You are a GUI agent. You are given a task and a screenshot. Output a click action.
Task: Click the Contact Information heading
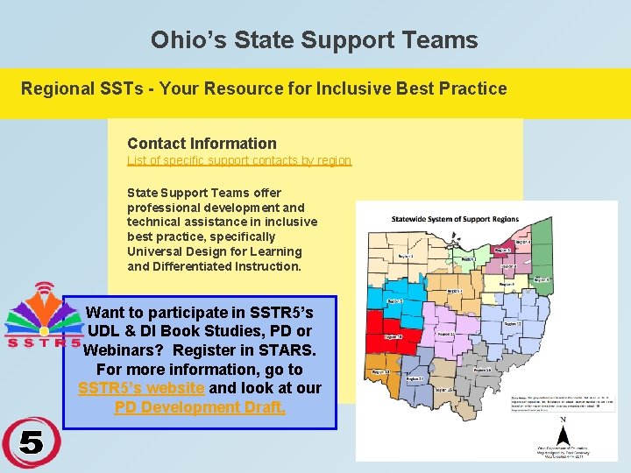pyautogui.click(x=202, y=144)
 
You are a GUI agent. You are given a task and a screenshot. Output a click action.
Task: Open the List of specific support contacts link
pyautogui.click(x=239, y=161)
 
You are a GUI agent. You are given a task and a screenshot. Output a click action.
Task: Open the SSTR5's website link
pyautogui.click(x=141, y=388)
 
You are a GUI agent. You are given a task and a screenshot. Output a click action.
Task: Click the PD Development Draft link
pyautogui.click(x=200, y=407)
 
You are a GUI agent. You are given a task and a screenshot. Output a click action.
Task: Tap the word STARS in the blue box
pyautogui.click(x=286, y=350)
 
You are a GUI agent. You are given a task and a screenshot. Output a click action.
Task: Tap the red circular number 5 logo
pyautogui.click(x=31, y=443)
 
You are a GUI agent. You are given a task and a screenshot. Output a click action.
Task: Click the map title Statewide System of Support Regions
pyautogui.click(x=455, y=220)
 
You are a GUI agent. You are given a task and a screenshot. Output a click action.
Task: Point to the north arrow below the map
pyautogui.click(x=563, y=432)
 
